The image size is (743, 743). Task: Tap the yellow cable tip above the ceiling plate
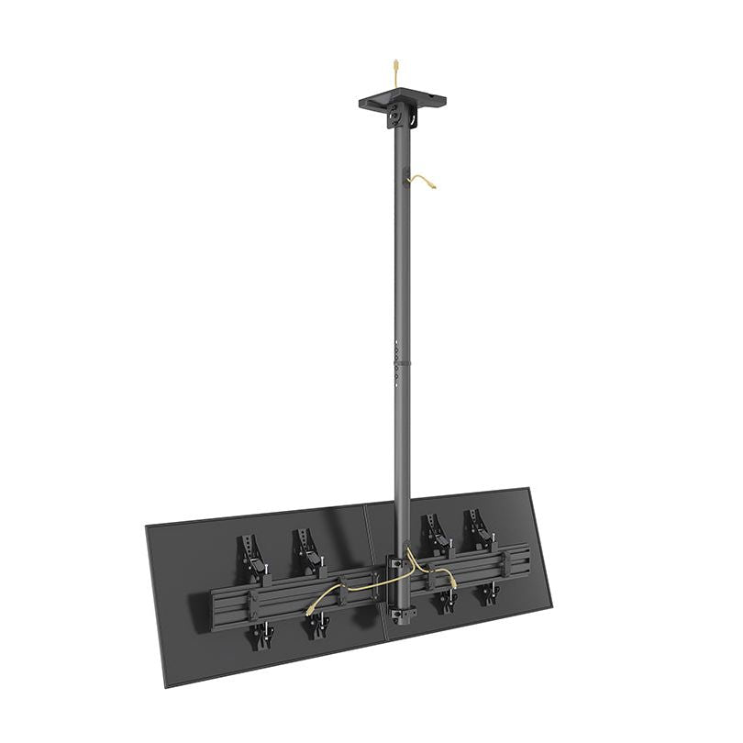click(395, 65)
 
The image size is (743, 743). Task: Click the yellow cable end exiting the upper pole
click(432, 187)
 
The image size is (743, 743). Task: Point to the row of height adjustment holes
click(395, 358)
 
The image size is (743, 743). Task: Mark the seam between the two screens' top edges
click(365, 504)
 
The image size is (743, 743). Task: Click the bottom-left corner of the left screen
click(166, 686)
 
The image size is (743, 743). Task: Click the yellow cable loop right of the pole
click(448, 576)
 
